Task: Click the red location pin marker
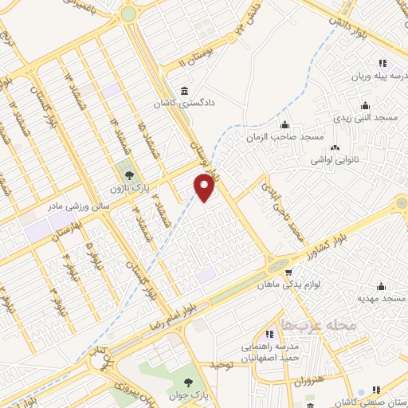pos(205,189)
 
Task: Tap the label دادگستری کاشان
pos(192,104)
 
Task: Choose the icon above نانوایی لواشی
pos(335,147)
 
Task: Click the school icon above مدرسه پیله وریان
pos(382,63)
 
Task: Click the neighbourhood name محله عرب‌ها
pos(306,324)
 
